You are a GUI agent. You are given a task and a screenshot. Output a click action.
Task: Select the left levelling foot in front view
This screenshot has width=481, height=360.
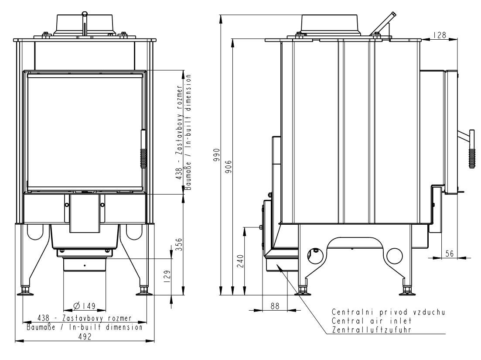click(25, 291)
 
